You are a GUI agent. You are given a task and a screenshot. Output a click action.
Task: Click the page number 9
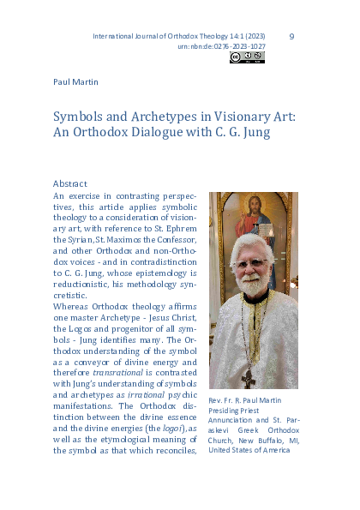(291, 37)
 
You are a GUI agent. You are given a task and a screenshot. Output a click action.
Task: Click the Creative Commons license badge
(247, 58)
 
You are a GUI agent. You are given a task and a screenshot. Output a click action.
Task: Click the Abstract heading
(70, 183)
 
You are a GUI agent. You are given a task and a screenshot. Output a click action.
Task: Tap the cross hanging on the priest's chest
(249, 378)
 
